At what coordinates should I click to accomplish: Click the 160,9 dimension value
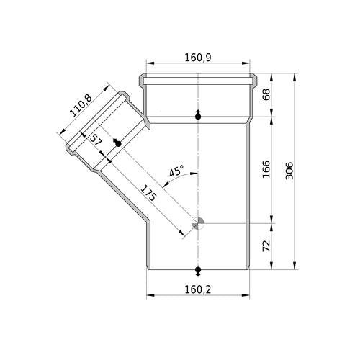tap(198, 58)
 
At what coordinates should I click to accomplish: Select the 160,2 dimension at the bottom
tap(198, 289)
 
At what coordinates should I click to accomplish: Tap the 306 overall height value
tap(289, 171)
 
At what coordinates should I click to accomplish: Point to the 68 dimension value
tap(266, 94)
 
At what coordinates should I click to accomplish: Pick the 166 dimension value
tap(266, 169)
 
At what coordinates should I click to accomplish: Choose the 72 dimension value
tap(266, 246)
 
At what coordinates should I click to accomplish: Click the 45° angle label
tap(176, 171)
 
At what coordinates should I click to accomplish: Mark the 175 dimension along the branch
tap(148, 193)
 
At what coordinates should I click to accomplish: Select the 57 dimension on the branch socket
tap(95, 140)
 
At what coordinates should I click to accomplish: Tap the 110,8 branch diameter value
tap(81, 106)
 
